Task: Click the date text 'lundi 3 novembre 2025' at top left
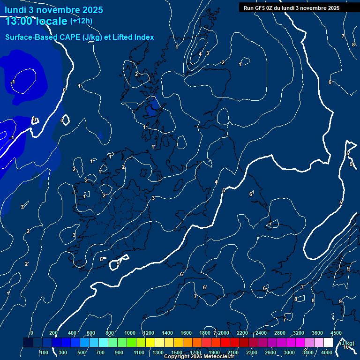[54, 10]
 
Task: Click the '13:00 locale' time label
[36, 21]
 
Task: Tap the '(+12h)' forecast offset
[81, 21]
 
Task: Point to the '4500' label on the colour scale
[336, 333]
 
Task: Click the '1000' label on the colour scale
[130, 333]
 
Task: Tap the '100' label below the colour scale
[44, 352]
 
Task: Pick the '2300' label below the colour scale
[251, 352]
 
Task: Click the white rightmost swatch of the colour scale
[328, 343]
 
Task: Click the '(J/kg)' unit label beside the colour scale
[346, 343]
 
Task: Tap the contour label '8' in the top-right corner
[353, 45]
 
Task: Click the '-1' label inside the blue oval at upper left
[13, 82]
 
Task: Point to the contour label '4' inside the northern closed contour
[200, 54]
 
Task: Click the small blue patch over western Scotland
[151, 108]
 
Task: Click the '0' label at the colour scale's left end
[31, 333]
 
